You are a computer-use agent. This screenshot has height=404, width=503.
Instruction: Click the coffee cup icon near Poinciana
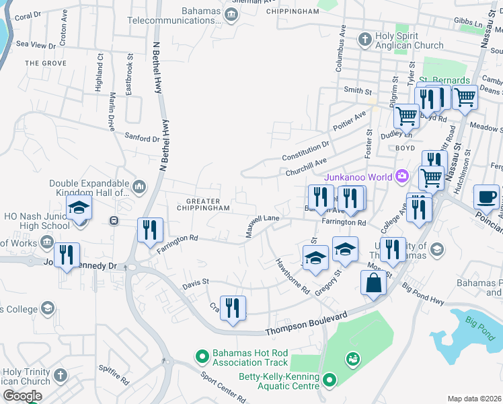coord(486,197)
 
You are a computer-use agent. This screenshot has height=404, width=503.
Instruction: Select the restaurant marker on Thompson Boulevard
coord(233,308)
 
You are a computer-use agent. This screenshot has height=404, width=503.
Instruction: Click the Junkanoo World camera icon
coord(401,176)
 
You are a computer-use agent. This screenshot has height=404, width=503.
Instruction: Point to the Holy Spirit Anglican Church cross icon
coord(365,38)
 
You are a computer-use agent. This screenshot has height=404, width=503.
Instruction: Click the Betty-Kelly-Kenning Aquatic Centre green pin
coord(329,380)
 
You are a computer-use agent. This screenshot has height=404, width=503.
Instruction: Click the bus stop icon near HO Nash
coord(114,220)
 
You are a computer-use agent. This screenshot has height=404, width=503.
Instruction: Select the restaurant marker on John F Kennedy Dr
coord(66,255)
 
